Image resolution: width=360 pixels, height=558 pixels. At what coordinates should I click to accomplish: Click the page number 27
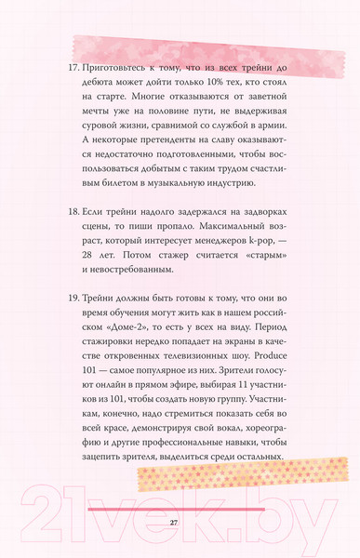(x=173, y=523)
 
